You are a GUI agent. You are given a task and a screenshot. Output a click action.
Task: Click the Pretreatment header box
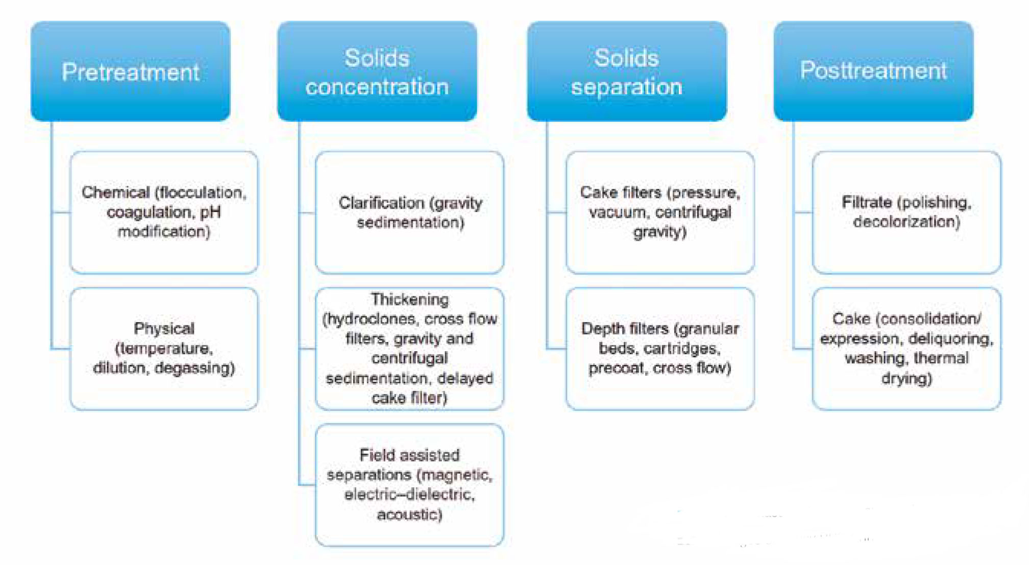[130, 71]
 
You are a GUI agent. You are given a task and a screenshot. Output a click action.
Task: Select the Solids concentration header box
[377, 71]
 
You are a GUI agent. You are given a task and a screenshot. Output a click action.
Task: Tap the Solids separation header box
[627, 71]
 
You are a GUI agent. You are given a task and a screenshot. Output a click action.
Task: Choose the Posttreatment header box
[873, 71]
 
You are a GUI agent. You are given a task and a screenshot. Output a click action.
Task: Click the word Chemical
[115, 192]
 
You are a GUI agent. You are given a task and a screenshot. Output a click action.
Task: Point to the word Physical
[164, 329]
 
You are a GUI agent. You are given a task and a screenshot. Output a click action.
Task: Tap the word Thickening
[409, 299]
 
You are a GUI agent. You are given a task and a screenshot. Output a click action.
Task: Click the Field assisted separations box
[409, 485]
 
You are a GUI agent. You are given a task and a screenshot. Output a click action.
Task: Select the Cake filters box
[660, 212]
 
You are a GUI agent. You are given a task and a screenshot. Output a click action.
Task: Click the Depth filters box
[660, 348]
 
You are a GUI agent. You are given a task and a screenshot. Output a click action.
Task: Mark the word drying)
[906, 378]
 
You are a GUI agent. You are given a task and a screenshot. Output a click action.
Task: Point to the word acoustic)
[409, 515]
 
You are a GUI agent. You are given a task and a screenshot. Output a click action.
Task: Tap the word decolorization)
[906, 222]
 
